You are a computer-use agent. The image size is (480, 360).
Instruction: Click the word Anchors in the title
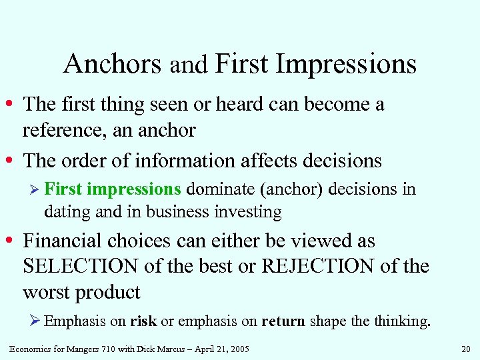coord(112,65)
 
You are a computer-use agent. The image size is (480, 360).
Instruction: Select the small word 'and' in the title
coord(189,66)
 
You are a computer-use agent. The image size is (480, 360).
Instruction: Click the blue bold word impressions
coord(133,189)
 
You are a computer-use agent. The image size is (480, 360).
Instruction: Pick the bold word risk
coord(143,321)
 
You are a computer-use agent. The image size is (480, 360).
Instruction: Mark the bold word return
coord(283,321)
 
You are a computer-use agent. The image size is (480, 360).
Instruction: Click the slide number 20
coord(465,348)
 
